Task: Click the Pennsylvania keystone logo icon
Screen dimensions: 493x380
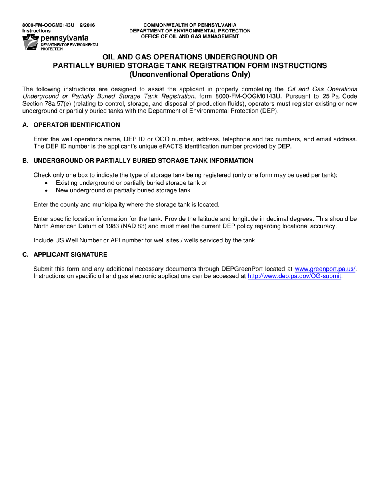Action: coord(30,42)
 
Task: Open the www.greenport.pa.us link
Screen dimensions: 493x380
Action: coord(325,269)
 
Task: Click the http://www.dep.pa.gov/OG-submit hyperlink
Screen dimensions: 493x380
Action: coord(294,276)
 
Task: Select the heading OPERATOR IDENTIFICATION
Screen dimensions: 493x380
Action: coord(77,125)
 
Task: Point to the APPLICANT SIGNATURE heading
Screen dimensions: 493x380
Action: coord(70,255)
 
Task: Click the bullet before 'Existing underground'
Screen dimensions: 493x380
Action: coord(47,183)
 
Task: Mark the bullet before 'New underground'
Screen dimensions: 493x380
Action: coord(47,190)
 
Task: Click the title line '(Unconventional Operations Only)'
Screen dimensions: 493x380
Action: coord(190,74)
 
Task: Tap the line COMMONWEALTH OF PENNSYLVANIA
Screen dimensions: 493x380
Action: coord(190,25)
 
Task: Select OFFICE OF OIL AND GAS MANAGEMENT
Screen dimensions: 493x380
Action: coord(190,36)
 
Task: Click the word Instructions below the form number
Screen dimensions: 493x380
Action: coord(36,31)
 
